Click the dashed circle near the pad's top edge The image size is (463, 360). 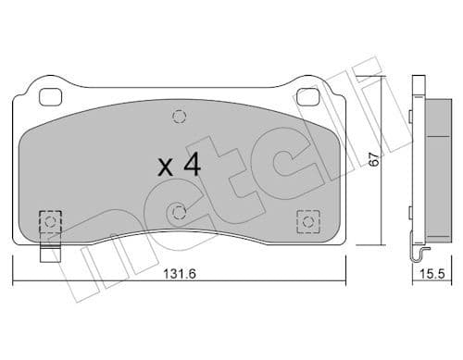(x=177, y=117)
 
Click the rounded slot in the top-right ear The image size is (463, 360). (x=304, y=94)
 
